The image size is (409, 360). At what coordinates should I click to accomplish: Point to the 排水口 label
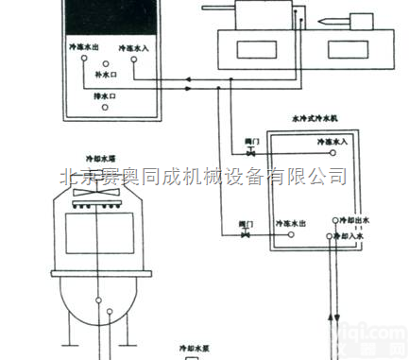coord(105,95)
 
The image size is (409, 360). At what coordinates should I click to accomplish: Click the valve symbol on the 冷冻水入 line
coord(251,151)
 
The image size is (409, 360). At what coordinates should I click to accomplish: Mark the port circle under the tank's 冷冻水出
coord(84,60)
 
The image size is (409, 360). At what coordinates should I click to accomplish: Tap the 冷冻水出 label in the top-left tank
coord(84,45)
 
